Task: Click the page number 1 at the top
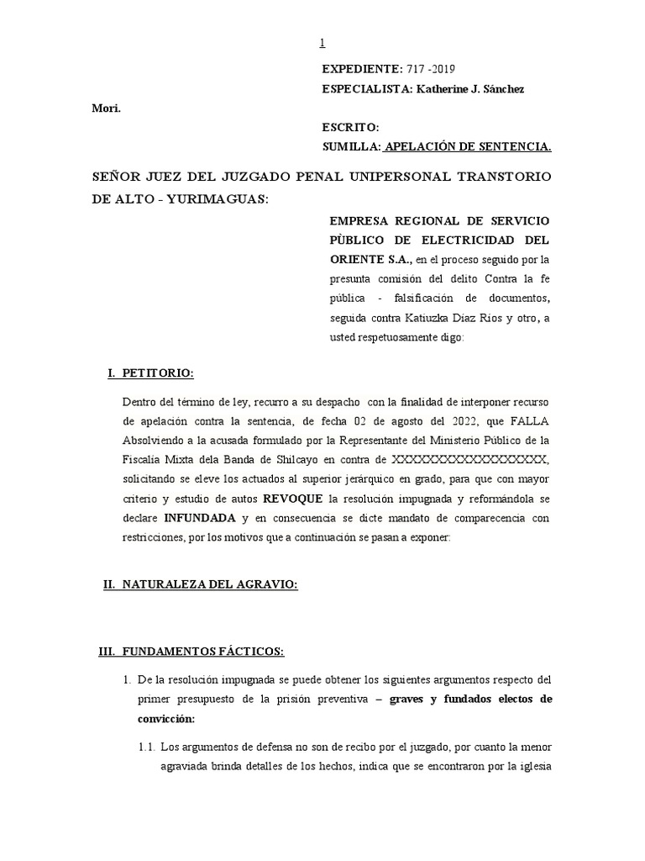(322, 44)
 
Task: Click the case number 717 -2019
(430, 68)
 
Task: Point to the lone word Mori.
(106, 108)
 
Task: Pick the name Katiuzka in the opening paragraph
(432, 318)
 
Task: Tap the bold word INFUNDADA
(200, 519)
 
